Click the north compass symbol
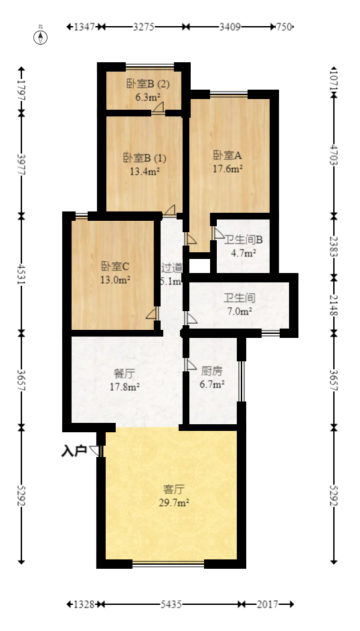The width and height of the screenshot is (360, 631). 41,36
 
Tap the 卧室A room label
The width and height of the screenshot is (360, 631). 228,155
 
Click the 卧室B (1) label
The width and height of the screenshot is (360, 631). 145,158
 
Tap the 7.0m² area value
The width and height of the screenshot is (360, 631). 239,311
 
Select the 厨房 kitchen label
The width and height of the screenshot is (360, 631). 212,371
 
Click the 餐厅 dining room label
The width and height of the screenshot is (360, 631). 124,373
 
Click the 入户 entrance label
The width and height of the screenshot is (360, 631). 74,452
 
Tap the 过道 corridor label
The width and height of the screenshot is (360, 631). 171,268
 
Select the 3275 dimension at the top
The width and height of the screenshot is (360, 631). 144,27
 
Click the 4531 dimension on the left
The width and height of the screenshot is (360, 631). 21,274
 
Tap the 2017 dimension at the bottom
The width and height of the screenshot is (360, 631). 268,604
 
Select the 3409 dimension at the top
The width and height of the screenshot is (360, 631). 230,27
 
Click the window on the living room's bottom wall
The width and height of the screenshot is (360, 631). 168,564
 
